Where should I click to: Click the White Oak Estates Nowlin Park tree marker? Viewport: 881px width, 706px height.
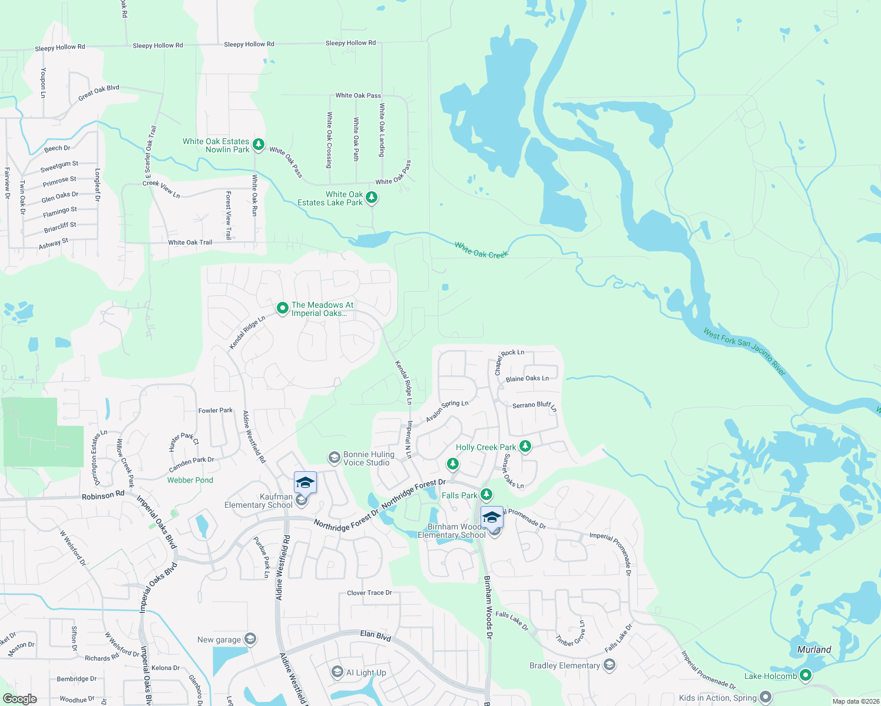(258, 144)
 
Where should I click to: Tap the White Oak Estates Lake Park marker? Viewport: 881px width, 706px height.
(372, 197)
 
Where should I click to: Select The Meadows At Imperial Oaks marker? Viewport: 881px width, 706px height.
(282, 308)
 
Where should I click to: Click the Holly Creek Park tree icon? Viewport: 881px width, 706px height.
(525, 447)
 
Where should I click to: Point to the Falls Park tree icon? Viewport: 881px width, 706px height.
(486, 494)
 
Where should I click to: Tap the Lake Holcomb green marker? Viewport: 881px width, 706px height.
(805, 675)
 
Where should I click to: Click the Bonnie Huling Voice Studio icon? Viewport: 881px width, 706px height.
(334, 458)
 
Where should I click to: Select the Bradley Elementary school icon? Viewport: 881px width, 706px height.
(610, 665)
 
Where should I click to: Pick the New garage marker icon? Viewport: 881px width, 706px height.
(250, 639)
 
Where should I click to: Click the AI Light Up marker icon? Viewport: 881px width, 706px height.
(337, 672)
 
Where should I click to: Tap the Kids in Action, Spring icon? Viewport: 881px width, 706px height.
(766, 697)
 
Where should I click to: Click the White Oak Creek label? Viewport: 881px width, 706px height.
(481, 251)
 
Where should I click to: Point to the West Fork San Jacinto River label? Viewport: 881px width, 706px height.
(744, 351)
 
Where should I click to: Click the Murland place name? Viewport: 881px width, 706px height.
(814, 650)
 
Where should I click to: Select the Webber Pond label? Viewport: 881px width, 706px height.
(190, 480)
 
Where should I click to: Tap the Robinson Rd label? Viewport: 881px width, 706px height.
(103, 495)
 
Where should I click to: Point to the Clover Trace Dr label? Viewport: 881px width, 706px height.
(369, 592)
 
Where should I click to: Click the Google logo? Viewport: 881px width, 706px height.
(19, 698)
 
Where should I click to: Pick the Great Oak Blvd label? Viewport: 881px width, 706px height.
(99, 93)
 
